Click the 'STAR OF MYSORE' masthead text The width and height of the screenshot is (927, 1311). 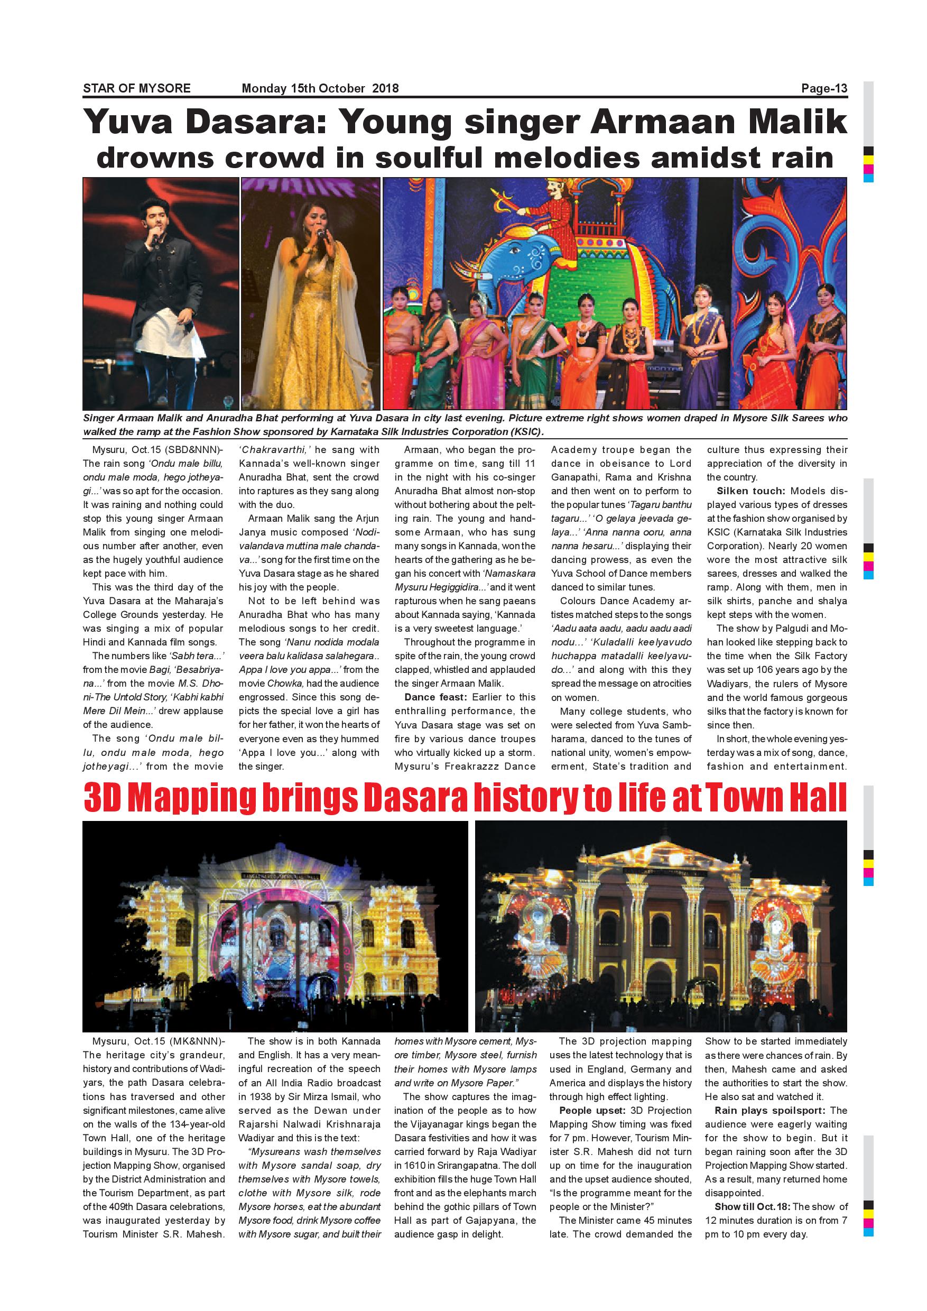[x=136, y=88]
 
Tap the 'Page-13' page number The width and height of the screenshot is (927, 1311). [x=824, y=88]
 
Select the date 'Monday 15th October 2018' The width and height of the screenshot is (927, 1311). [x=320, y=88]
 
